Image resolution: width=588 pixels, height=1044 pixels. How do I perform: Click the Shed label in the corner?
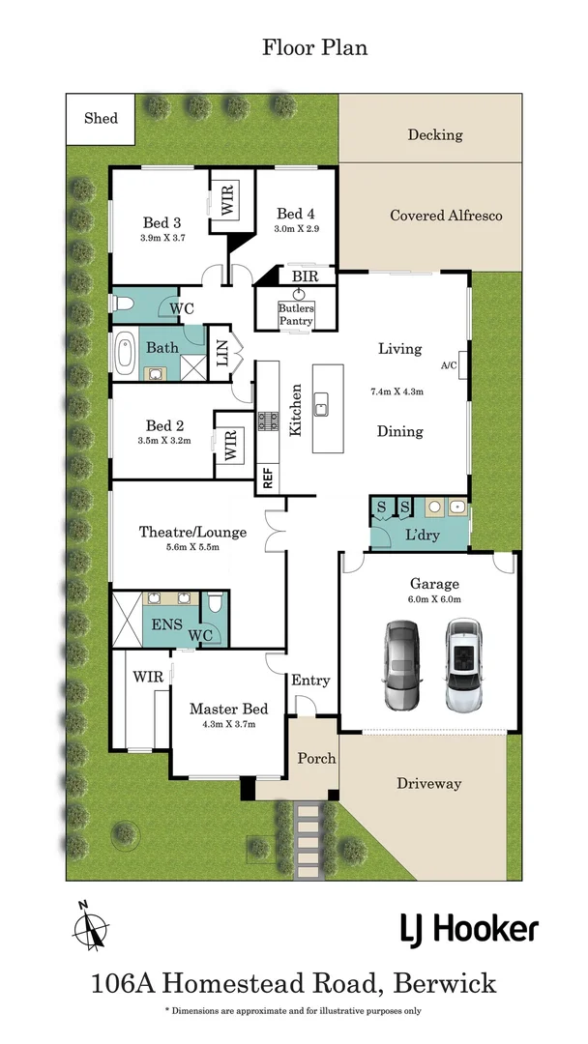point(101,119)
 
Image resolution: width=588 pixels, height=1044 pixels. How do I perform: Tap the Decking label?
point(435,135)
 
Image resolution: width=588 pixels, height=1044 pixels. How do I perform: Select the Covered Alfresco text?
point(446,216)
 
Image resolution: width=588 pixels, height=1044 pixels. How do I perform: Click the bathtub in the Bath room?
point(125,354)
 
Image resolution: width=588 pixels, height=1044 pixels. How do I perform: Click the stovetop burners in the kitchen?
point(268,420)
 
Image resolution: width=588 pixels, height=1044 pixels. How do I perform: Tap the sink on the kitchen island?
point(322,404)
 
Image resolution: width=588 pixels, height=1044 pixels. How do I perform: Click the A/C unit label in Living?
point(449,365)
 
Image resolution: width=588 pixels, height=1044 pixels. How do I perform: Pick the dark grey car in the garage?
point(403,664)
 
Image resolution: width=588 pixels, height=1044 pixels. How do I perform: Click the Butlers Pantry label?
point(296,314)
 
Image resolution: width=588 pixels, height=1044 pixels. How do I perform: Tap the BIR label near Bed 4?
point(305,276)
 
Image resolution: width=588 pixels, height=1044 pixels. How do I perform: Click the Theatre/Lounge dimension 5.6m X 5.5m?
point(192,547)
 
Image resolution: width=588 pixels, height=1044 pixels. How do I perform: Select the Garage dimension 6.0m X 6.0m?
point(434,599)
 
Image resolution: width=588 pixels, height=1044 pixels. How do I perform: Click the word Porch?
point(316,759)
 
